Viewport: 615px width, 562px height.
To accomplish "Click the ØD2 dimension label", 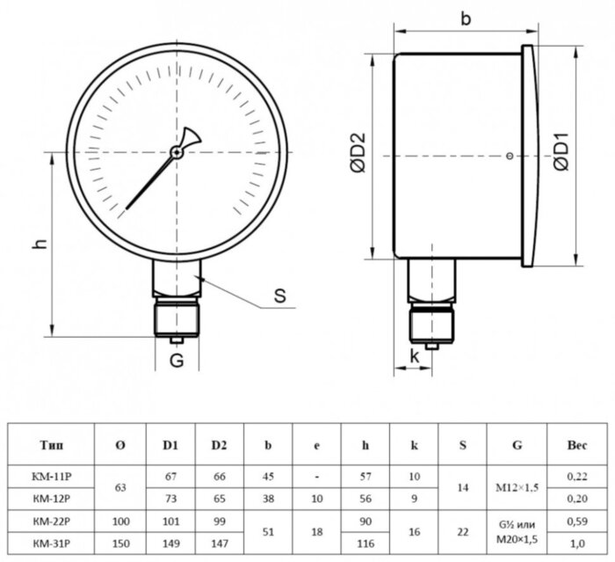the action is [x=358, y=153].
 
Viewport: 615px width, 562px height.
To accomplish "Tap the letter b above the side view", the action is [x=466, y=18].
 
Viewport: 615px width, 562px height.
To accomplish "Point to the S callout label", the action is [x=280, y=296].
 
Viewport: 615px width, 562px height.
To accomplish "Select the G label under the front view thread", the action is [x=177, y=360].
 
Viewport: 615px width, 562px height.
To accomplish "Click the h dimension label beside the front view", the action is [x=40, y=244].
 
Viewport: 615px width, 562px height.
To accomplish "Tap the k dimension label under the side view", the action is [x=415, y=356].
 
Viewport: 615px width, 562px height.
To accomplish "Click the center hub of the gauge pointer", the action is [x=177, y=152].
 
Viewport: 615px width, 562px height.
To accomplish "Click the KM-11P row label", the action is [x=51, y=477].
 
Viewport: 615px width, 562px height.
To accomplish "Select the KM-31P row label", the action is [x=51, y=544].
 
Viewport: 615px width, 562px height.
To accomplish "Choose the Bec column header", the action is [x=577, y=445].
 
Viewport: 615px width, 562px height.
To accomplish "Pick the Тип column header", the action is [x=51, y=445].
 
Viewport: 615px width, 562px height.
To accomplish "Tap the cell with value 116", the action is [x=365, y=544].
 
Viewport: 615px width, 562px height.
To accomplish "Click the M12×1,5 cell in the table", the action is [x=517, y=488].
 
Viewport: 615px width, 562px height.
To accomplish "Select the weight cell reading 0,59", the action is [x=577, y=522].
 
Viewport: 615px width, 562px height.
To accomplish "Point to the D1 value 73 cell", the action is [x=171, y=499].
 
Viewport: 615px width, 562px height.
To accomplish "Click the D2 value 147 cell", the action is [x=220, y=544].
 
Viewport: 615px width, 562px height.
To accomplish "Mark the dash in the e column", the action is [x=317, y=478].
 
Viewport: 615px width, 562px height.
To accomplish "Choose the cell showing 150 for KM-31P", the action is [x=120, y=544].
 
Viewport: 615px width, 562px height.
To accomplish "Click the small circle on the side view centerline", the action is [x=510, y=156].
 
